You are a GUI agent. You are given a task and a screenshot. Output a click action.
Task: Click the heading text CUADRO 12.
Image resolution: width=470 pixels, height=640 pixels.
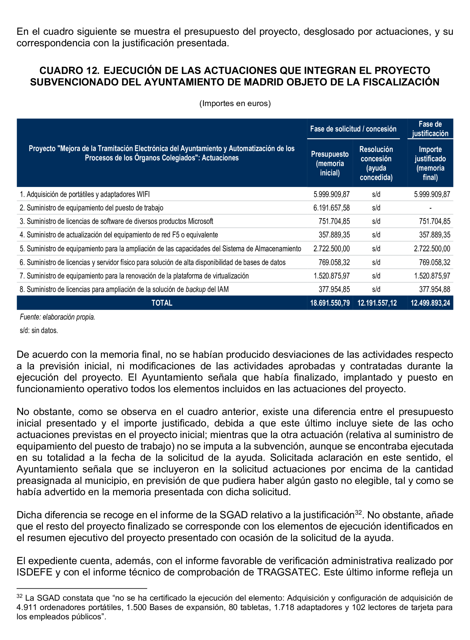[69, 71]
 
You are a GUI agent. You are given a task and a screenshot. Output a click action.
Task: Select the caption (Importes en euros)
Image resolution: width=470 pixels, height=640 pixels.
[235, 103]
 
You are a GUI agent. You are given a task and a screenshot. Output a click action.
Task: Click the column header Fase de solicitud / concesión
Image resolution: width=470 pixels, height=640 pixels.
[353, 129]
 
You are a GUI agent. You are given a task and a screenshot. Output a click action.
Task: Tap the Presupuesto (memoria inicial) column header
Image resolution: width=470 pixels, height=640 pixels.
[330, 163]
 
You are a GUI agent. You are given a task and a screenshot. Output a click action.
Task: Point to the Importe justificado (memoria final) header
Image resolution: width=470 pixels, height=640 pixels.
[430, 163]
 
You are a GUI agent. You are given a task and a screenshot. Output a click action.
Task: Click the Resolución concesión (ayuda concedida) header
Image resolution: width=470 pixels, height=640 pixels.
[376, 163]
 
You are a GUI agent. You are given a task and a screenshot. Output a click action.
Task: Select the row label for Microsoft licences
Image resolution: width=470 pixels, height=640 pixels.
[116, 221]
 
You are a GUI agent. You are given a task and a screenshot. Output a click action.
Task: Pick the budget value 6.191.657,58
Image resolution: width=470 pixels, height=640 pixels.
[331, 208]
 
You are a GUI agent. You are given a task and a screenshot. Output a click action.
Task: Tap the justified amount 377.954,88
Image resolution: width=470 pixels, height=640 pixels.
[434, 290]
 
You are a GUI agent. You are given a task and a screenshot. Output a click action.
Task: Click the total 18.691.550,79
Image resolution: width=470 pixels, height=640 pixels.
[330, 303]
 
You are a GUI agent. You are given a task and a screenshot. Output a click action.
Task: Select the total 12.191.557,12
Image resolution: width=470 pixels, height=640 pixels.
[377, 303]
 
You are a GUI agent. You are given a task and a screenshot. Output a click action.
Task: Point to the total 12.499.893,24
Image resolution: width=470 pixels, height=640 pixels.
[430, 303]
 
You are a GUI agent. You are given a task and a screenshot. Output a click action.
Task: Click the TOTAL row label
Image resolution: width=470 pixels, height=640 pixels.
[162, 303]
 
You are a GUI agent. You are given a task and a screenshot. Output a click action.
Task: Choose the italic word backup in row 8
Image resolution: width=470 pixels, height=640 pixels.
[196, 290]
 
